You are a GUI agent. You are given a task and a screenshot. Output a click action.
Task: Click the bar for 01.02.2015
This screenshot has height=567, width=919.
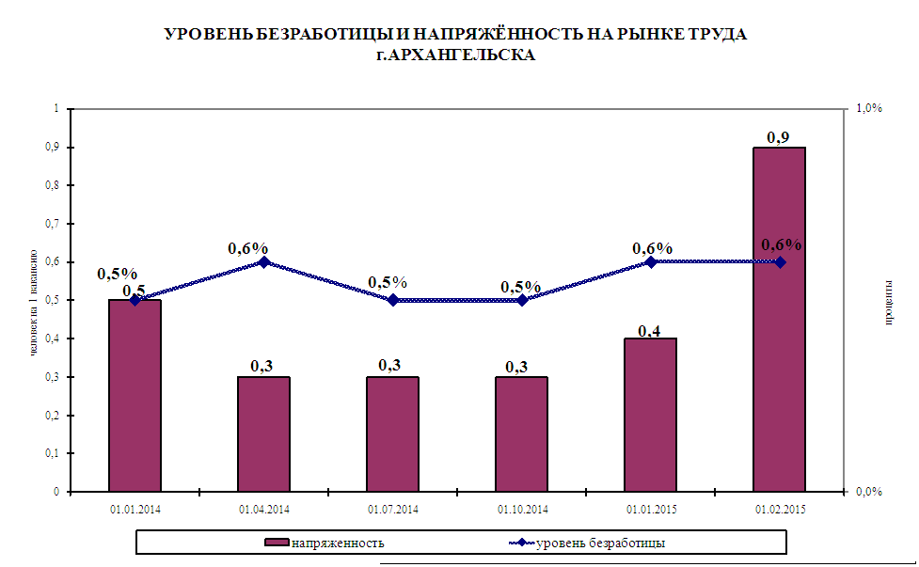[x=779, y=320]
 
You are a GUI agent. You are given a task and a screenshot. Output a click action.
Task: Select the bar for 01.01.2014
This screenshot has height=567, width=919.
[x=135, y=395]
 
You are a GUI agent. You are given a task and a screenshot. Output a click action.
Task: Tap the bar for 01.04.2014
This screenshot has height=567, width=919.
[x=263, y=433]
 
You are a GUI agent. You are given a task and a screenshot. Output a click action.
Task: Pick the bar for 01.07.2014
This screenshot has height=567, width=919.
[x=392, y=433]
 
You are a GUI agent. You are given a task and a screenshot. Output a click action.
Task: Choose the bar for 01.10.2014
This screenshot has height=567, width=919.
[x=522, y=433]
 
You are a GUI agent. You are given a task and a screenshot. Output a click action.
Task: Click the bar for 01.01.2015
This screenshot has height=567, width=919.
[x=651, y=415]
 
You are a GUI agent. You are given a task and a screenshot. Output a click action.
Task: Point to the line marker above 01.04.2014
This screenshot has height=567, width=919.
[x=264, y=262]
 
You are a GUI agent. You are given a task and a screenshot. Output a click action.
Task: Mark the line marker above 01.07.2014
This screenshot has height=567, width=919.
[x=393, y=300]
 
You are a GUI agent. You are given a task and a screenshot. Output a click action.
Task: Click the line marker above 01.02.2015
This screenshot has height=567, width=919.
[x=781, y=262]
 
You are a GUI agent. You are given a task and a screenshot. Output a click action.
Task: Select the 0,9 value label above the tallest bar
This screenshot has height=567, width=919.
[x=778, y=138]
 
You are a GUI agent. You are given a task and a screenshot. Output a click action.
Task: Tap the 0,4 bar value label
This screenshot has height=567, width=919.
[x=649, y=331]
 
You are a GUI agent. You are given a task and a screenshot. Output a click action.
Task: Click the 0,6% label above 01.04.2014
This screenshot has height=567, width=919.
[x=247, y=248]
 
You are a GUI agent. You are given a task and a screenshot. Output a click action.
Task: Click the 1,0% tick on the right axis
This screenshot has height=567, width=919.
[x=868, y=109]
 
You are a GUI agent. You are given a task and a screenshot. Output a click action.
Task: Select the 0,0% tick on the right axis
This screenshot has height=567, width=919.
[x=868, y=492]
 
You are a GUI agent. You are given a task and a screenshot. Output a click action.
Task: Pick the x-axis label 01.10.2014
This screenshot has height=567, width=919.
[x=522, y=510]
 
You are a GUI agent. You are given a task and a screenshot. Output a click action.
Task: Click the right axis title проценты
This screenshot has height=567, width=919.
[x=889, y=301]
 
